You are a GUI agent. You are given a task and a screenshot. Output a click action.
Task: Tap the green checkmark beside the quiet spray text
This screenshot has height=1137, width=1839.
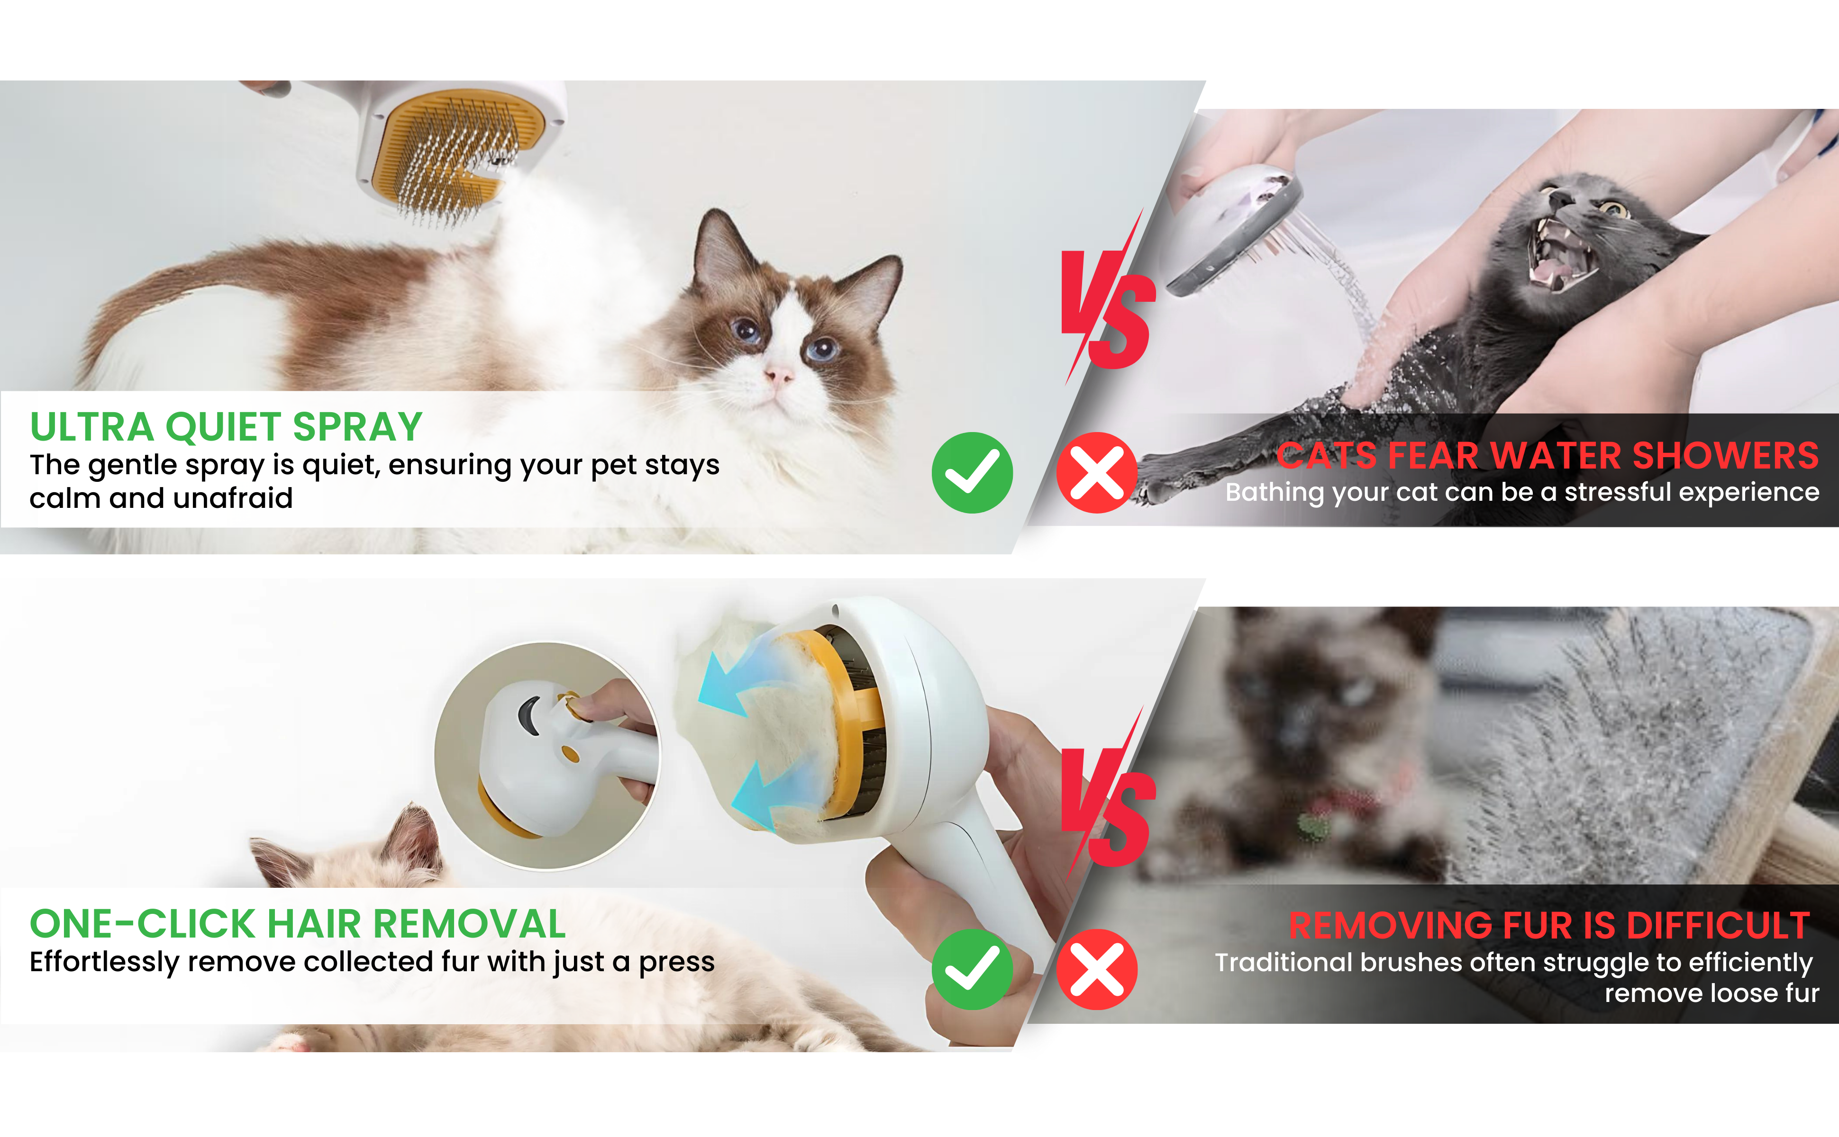972,472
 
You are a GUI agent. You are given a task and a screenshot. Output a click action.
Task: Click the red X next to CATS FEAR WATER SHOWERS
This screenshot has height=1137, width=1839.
1097,472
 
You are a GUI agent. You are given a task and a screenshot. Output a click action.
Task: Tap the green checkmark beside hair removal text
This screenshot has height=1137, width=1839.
972,969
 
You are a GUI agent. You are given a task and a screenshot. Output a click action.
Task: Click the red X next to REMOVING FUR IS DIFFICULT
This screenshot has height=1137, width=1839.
1097,969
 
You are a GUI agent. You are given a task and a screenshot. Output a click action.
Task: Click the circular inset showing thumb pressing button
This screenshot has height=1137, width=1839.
547,756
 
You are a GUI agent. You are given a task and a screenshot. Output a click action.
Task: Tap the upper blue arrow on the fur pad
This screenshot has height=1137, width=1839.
741,681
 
